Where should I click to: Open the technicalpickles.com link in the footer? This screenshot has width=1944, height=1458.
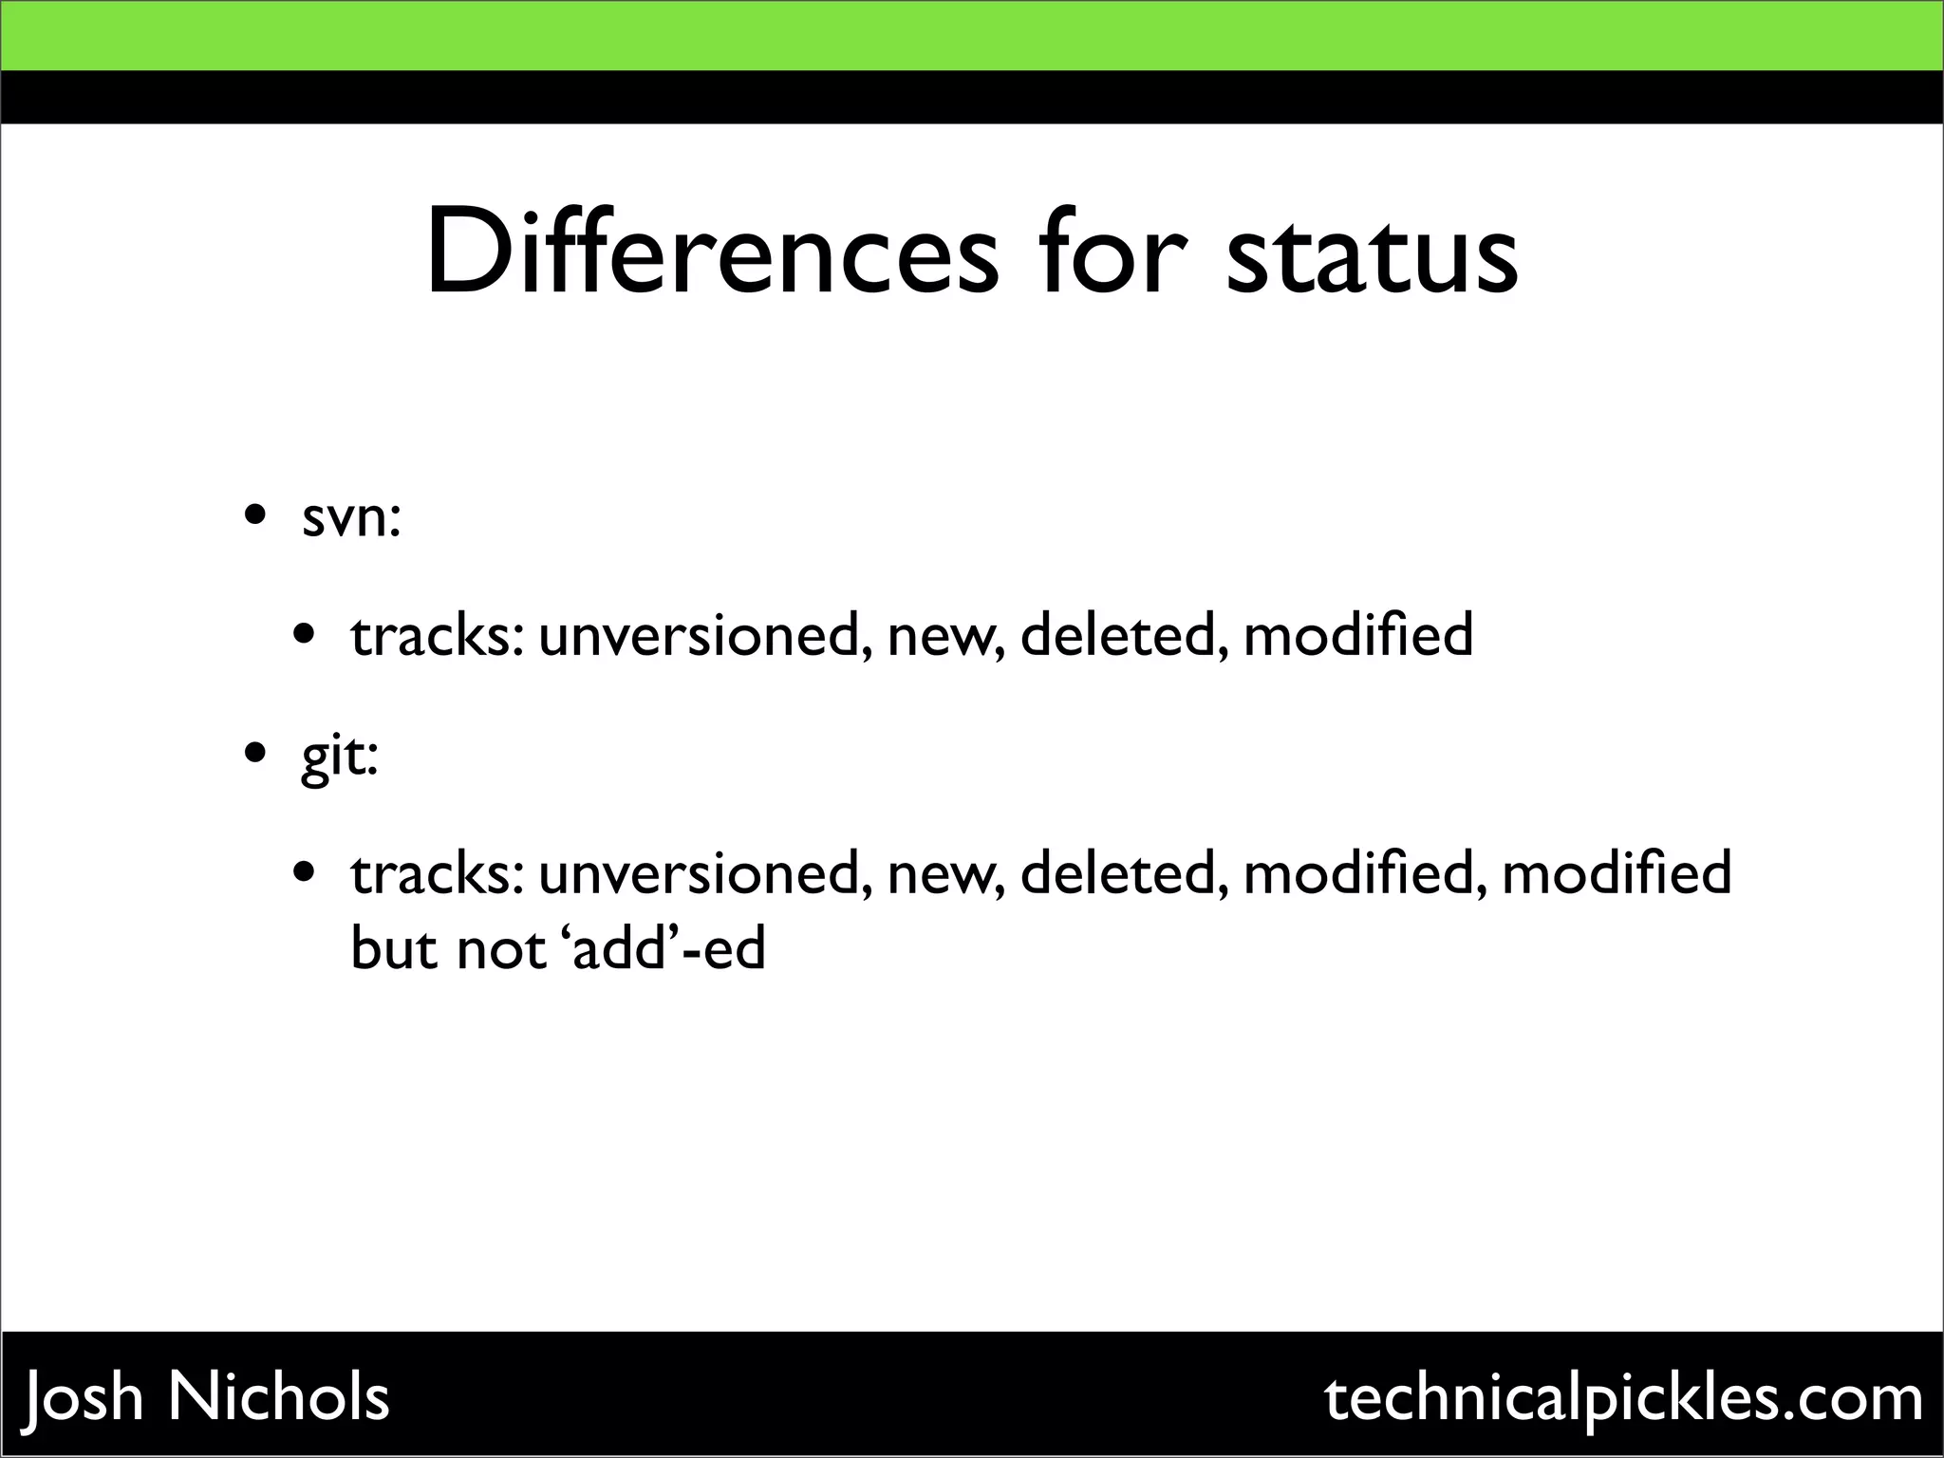[1624, 1398]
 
